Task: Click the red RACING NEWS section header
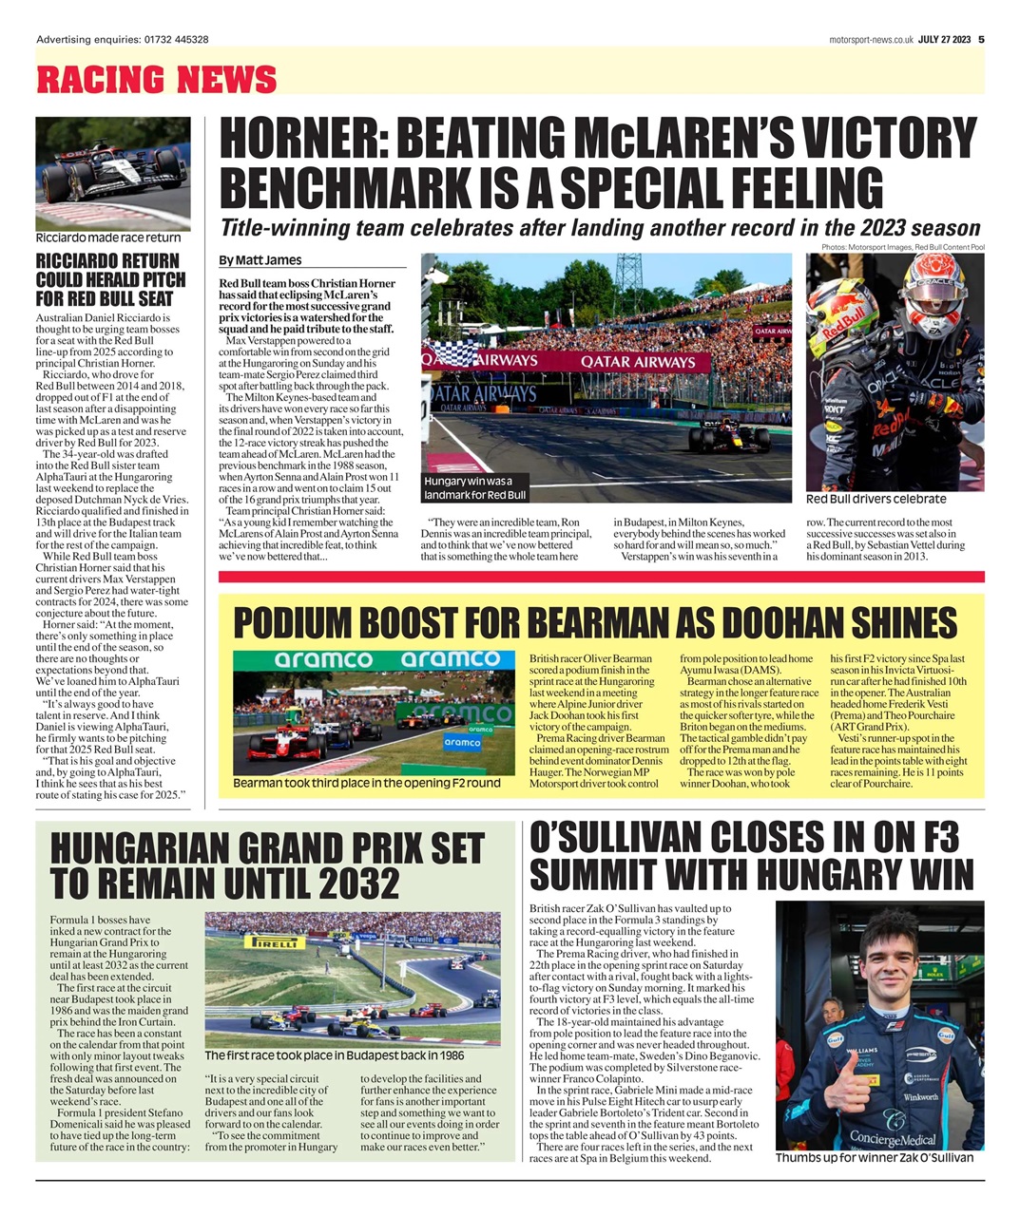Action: tap(156, 79)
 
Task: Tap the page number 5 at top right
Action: tap(980, 39)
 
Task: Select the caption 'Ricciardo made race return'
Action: tap(107, 238)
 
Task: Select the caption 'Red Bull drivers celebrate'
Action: tap(876, 499)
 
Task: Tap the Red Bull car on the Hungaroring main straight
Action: tap(717, 436)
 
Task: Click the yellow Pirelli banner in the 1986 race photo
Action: tap(275, 941)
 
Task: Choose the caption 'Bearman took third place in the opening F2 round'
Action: tap(366, 784)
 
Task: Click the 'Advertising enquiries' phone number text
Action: tap(123, 39)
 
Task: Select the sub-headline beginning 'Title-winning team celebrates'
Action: tap(600, 228)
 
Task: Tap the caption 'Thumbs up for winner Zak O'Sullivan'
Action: tap(874, 1158)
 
